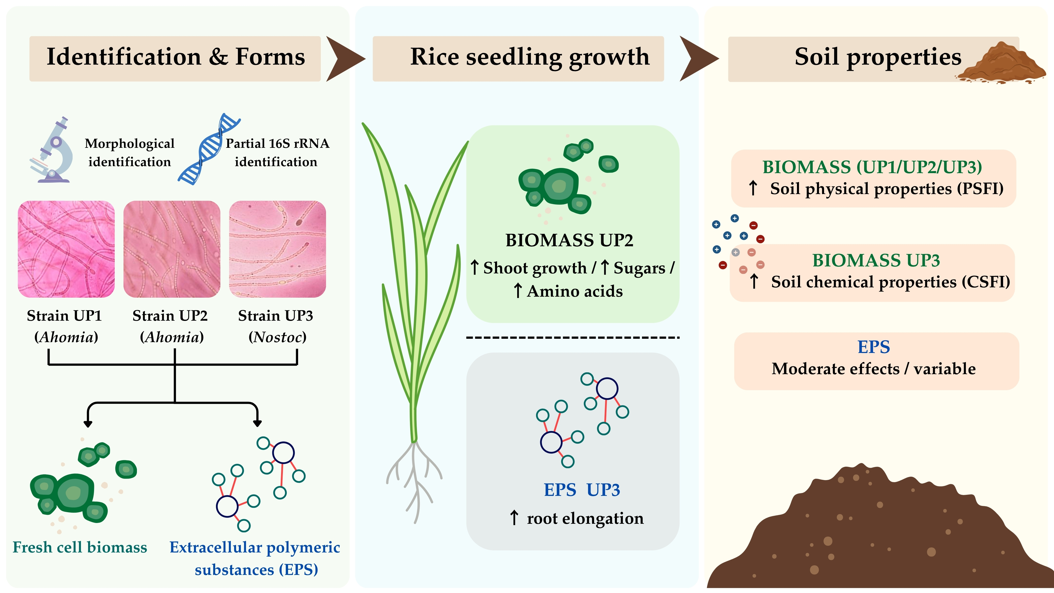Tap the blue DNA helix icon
tap(209, 149)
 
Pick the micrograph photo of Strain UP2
tap(172, 249)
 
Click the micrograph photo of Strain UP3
tap(277, 249)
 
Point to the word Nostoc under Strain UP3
tap(277, 337)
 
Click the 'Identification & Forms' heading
tap(175, 57)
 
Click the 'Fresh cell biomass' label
tap(80, 547)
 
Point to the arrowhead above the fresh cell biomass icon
tap(88, 423)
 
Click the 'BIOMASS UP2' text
tap(569, 240)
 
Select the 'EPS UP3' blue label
tap(582, 490)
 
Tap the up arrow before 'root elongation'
tap(514, 518)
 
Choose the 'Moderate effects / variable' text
tap(874, 369)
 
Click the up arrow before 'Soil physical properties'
tap(753, 188)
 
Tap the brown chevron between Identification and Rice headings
tap(343, 58)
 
